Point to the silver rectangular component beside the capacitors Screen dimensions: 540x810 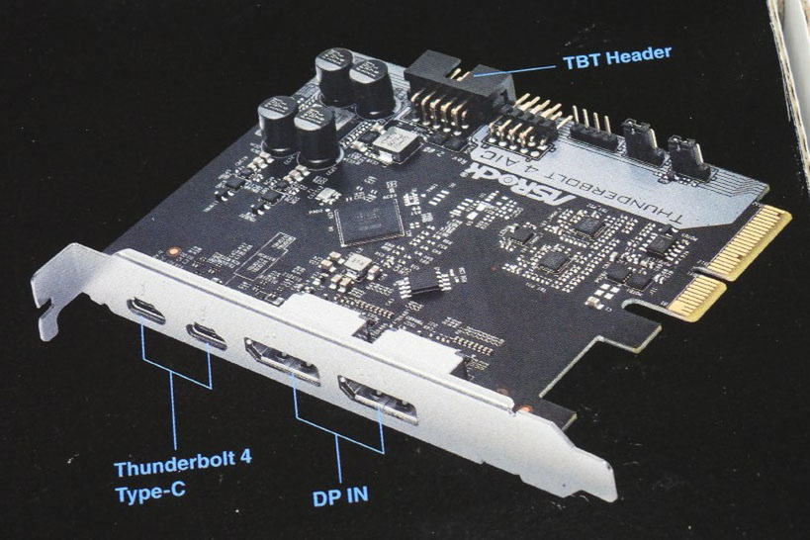(387, 145)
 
